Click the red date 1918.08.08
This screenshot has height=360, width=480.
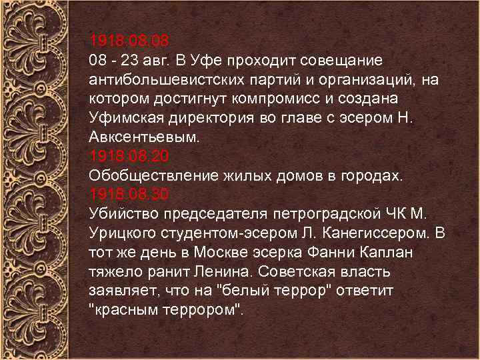(x=129, y=42)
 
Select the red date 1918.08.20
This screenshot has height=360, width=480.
(x=129, y=157)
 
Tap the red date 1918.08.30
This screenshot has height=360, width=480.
(x=129, y=195)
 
